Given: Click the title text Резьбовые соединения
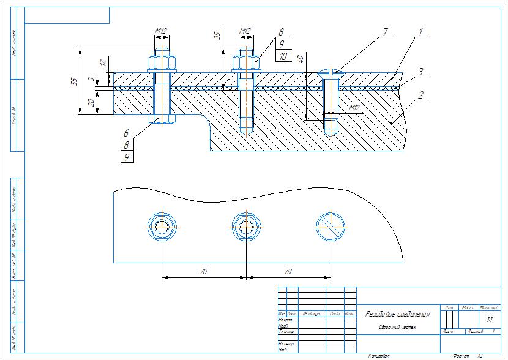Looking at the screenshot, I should click(397, 314).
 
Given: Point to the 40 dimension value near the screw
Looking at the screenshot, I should click(300, 59).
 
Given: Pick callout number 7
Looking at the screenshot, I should click(385, 31).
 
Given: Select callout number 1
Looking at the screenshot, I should click(421, 31).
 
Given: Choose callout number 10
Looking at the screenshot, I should click(282, 56).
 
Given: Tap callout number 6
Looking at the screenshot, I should click(126, 132).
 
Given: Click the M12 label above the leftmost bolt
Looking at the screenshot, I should click(162, 31).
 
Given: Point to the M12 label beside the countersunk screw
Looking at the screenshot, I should click(354, 108).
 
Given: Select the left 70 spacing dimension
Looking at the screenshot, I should click(203, 270).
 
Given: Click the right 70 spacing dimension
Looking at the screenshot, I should click(288, 270).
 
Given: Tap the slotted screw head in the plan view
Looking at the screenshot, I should click(331, 227).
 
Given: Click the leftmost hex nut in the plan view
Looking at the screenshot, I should click(162, 227).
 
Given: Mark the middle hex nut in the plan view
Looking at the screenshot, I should click(246, 227).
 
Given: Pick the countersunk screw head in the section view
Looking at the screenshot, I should click(331, 73).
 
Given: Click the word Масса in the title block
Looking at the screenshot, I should click(468, 307).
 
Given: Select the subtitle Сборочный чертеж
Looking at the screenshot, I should click(397, 328).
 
